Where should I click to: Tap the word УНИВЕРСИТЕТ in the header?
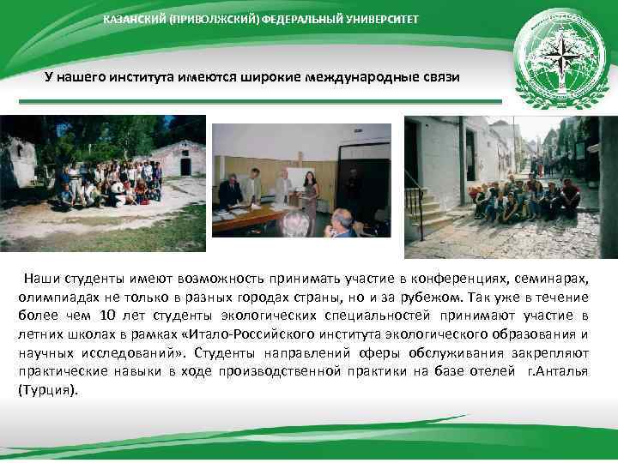coord(384,19)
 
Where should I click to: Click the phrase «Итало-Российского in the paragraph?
coord(245,334)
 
